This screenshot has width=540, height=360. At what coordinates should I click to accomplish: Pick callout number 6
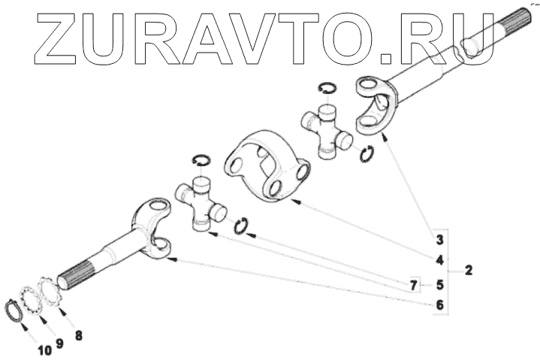[x=438, y=306]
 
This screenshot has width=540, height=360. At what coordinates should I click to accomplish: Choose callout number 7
[x=412, y=286]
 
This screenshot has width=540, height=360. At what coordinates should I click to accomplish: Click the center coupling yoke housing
[x=267, y=167]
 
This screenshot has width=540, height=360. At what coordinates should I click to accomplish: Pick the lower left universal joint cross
[x=201, y=202]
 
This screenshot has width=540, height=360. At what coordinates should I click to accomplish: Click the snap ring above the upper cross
[x=326, y=88]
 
